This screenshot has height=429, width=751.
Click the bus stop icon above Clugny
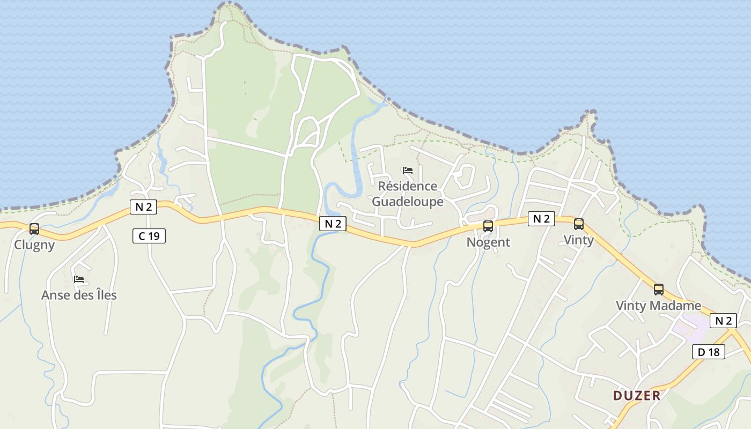tap(34, 229)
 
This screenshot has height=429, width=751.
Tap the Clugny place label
tap(34, 245)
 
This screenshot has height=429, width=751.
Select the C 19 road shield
tap(149, 235)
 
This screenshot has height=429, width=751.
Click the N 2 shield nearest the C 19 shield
tap(143, 207)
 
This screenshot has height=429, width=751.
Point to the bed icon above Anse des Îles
tap(79, 279)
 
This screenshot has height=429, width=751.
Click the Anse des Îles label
tap(79, 295)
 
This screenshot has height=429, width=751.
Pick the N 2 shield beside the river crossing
tap(333, 224)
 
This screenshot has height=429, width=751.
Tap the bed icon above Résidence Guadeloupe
tap(408, 171)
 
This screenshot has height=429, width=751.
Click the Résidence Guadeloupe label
tap(408, 194)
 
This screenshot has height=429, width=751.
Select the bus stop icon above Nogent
tap(488, 226)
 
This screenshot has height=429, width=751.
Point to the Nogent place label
tap(488, 242)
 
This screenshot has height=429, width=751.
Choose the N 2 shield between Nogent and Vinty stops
tap(541, 218)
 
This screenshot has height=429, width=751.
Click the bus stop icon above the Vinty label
tap(579, 224)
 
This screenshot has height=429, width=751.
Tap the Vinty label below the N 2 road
tap(579, 240)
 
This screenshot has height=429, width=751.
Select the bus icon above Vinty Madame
tap(658, 290)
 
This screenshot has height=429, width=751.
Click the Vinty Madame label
tap(658, 306)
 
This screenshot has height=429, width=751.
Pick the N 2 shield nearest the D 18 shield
tap(723, 321)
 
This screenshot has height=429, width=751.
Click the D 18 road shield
tap(709, 352)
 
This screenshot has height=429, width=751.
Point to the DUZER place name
tap(637, 396)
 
